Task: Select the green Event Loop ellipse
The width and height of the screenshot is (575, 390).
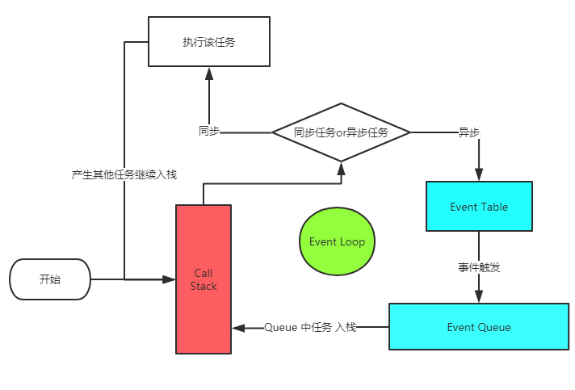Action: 337,241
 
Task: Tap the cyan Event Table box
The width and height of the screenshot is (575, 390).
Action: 479,207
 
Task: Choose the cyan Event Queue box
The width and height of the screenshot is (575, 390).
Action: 479,327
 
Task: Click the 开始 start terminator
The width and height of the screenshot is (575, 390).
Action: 50,279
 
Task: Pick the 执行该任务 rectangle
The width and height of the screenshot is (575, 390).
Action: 208,42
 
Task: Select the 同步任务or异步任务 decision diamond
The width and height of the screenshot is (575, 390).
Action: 341,132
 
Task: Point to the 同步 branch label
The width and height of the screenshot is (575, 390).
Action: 208,132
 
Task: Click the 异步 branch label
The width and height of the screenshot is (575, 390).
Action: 469,132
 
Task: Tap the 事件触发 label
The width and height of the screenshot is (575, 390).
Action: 479,267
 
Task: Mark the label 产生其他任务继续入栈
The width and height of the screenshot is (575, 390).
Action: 124,174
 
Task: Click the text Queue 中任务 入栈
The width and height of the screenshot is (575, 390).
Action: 310,327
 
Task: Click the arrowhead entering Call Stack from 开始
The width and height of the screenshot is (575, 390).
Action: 169,279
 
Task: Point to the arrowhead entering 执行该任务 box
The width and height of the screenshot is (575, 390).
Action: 208,73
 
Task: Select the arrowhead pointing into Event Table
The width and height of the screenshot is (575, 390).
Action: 479,174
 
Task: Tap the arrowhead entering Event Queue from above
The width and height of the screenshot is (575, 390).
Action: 479,296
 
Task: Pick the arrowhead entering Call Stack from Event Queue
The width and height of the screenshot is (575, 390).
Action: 239,327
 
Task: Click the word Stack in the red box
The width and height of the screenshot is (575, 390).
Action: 204,286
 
